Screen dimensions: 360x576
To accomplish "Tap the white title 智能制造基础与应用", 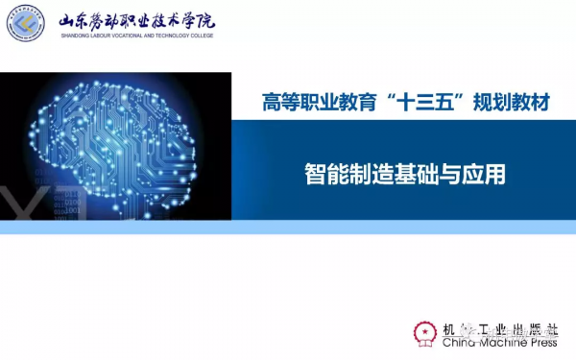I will coord(404,175).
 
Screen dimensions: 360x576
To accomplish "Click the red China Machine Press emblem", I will coord(423,331).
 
